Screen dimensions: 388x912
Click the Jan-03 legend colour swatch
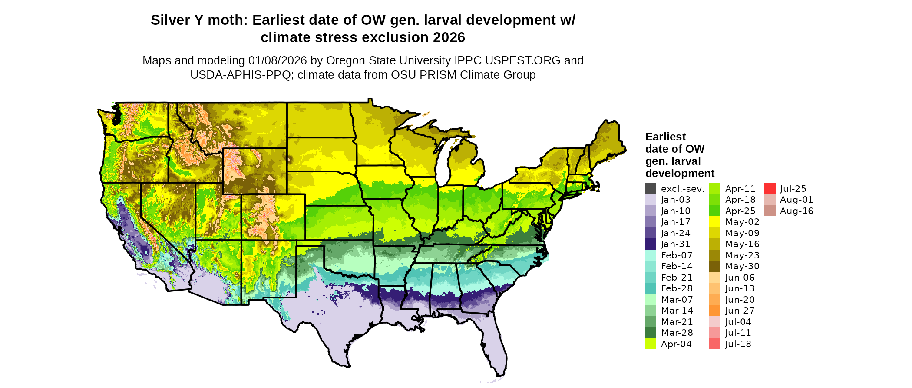tap(651, 200)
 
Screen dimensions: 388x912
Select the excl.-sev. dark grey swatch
tap(651, 189)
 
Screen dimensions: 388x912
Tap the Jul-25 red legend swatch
tap(770, 189)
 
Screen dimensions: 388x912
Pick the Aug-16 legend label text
tap(796, 211)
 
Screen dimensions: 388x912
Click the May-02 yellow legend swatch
tap(714, 222)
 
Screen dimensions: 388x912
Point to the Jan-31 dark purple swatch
tap(651, 244)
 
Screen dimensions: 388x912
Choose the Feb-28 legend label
tap(677, 288)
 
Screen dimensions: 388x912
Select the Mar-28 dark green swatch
tap(651, 333)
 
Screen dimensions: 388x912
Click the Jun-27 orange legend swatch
tap(714, 311)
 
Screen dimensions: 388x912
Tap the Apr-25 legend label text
tap(740, 211)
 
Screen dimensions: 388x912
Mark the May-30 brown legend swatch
tap(714, 266)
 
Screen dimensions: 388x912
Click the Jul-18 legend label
tap(738, 344)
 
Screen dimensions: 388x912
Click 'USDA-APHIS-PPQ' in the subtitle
tap(240, 75)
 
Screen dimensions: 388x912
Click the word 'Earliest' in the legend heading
tap(665, 137)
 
